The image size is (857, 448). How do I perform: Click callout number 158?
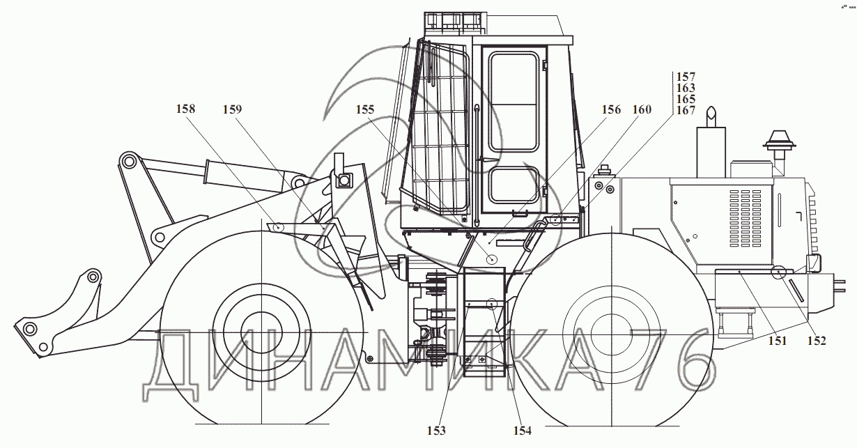coord(185,109)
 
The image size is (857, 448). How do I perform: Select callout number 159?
coord(233,109)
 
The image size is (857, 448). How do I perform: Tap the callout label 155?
coord(365,109)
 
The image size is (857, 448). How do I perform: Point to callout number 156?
coord(611,109)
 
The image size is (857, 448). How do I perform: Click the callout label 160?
coord(642,109)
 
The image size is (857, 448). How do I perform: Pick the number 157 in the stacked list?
coord(686,77)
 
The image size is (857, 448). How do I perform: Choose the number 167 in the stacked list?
coord(686,110)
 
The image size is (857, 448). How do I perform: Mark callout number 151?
coord(777,341)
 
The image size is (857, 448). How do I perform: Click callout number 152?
coord(817,341)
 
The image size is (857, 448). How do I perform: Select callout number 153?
coord(437,431)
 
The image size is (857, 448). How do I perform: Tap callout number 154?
coord(522,431)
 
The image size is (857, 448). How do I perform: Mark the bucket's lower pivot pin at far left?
coord(29,328)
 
